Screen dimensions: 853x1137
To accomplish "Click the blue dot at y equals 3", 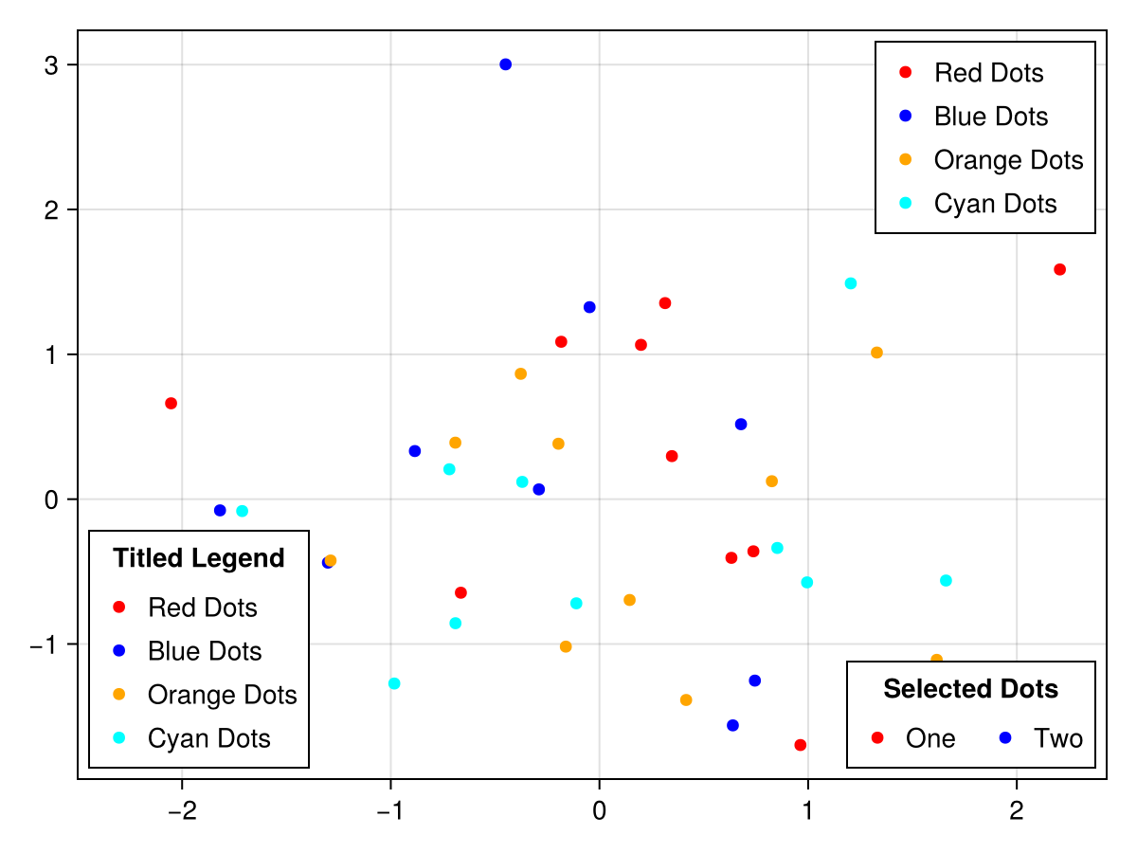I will pyautogui.click(x=505, y=64).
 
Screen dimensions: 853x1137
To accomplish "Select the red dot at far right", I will pyautogui.click(x=1059, y=269).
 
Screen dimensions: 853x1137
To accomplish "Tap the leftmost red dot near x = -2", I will pyautogui.click(x=171, y=403).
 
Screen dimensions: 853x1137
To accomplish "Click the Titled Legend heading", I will pyautogui.click(x=198, y=558).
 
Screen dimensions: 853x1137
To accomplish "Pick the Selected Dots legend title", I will pyautogui.click(x=970, y=689).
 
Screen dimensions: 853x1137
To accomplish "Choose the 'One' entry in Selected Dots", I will pyautogui.click(x=929, y=737).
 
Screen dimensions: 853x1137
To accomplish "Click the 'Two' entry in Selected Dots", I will pyautogui.click(x=1057, y=737).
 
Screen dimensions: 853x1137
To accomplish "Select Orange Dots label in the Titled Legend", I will pyautogui.click(x=222, y=695).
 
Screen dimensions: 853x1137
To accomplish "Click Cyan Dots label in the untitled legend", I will pyautogui.click(x=995, y=203).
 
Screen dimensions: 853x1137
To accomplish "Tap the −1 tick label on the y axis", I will pyautogui.click(x=43, y=644).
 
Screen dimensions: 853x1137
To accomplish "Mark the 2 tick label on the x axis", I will pyautogui.click(x=1017, y=811).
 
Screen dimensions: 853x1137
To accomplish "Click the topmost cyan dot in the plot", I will pyautogui.click(x=850, y=283).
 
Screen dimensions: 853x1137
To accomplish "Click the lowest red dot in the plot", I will pyautogui.click(x=800, y=745).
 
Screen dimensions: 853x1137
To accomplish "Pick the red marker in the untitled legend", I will pyautogui.click(x=905, y=72).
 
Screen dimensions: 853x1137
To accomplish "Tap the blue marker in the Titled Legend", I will pyautogui.click(x=119, y=650).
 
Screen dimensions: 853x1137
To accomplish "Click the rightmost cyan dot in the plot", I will pyautogui.click(x=946, y=580).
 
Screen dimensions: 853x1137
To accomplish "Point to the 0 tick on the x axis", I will pyautogui.click(x=599, y=811).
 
